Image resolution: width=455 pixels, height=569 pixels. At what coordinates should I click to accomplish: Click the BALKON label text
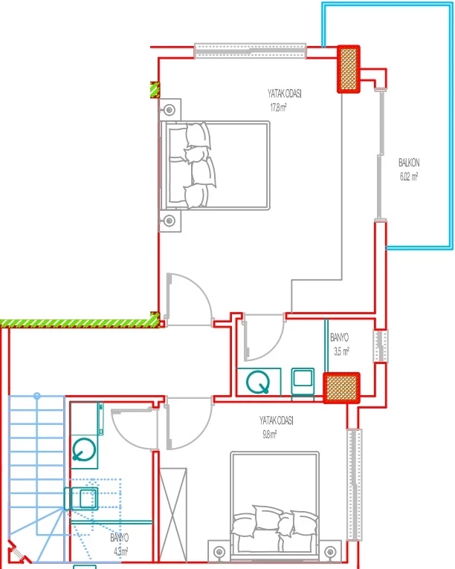click(409, 163)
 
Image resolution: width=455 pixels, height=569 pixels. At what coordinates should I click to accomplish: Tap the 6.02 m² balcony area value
click(409, 177)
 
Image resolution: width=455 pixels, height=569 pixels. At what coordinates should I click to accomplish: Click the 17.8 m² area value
click(278, 108)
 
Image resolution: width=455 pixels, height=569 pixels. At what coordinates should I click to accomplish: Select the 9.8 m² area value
click(270, 435)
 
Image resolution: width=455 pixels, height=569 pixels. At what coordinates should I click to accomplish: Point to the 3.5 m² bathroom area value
click(341, 351)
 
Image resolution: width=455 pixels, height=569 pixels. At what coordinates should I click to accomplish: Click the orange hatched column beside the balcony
click(349, 69)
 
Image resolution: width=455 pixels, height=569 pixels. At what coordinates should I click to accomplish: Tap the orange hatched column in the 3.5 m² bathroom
click(342, 388)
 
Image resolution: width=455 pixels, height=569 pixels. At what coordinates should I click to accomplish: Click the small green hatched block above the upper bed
click(155, 90)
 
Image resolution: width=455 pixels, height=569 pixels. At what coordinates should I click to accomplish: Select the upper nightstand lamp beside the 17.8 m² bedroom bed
click(170, 110)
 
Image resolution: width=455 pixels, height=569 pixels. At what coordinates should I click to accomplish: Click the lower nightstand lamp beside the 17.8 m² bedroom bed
click(170, 221)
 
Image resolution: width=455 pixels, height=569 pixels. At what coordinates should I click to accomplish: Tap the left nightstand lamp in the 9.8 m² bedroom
click(219, 553)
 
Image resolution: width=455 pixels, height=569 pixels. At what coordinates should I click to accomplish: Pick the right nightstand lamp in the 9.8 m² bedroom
click(330, 553)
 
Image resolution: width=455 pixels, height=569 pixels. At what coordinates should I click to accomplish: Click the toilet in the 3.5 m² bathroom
click(258, 382)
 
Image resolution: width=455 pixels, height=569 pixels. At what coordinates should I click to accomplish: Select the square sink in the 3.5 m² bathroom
click(303, 381)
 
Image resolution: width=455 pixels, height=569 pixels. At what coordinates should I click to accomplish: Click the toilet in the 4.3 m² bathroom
click(84, 450)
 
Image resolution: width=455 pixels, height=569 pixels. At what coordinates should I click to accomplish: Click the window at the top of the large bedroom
click(251, 51)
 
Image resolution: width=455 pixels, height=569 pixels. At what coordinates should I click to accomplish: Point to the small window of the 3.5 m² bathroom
click(381, 346)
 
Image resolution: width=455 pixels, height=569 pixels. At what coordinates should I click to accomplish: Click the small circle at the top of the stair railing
click(36, 396)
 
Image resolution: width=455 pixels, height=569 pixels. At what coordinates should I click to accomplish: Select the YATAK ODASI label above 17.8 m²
click(285, 94)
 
